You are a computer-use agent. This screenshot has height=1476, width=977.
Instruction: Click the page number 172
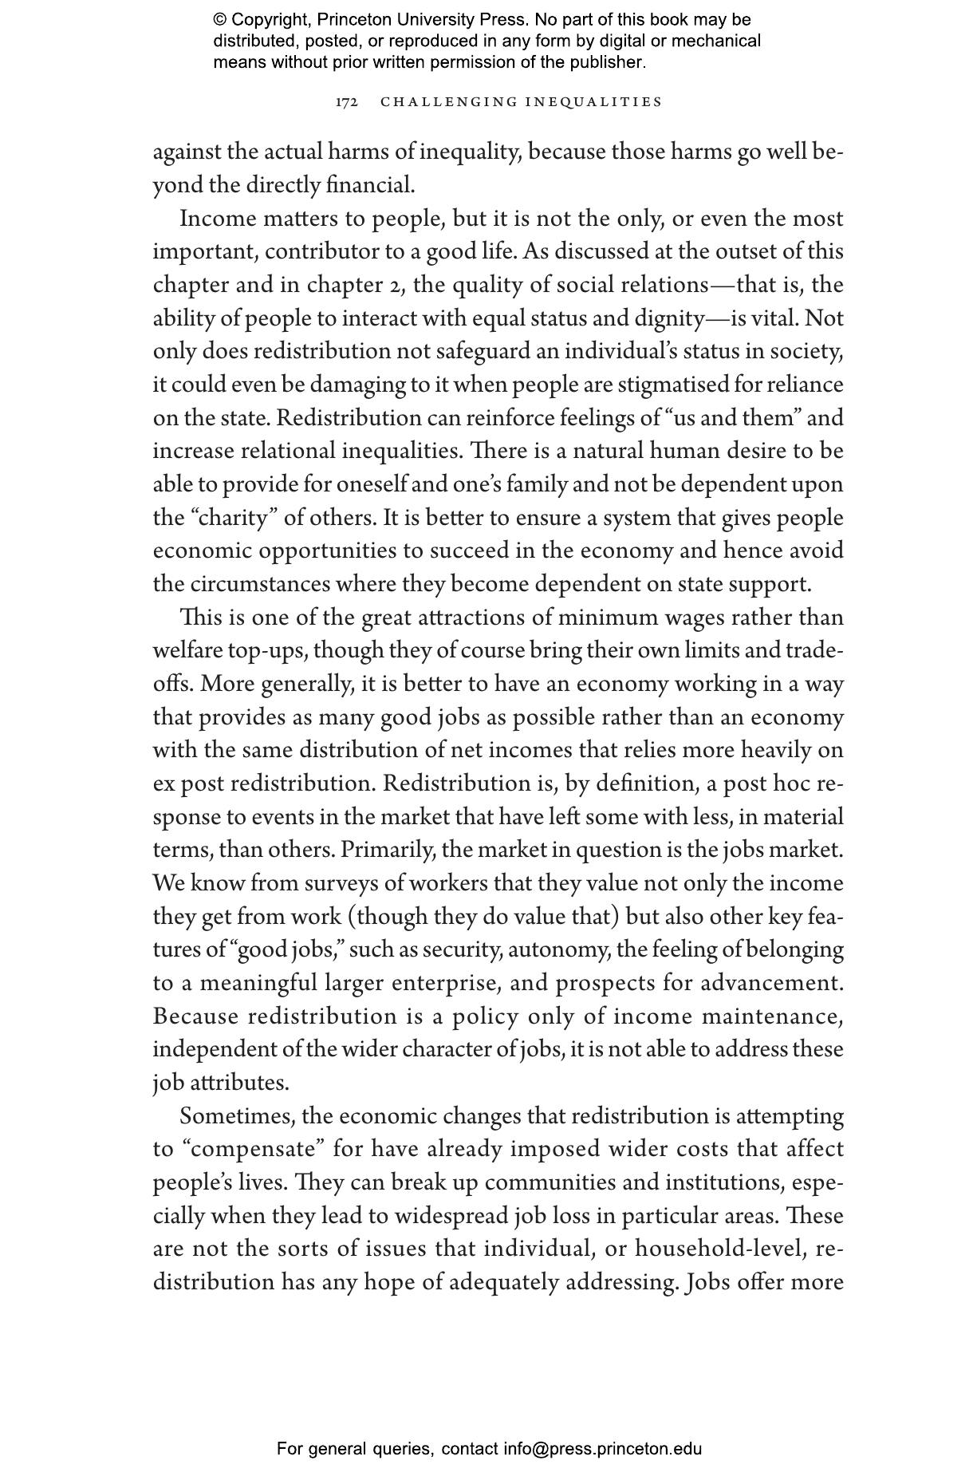pos(346,102)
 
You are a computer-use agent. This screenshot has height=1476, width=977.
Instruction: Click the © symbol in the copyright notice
pos(220,20)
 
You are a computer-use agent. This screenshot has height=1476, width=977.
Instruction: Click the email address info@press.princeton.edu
pos(602,1449)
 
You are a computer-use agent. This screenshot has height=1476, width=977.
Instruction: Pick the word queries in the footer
pos(403,1449)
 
